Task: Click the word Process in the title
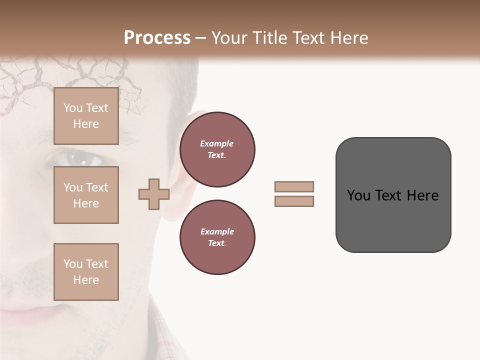pyautogui.click(x=157, y=38)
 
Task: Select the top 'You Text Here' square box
pyautogui.click(x=86, y=116)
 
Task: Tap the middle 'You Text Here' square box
pyautogui.click(x=86, y=195)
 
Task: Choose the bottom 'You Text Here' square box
pyautogui.click(x=86, y=272)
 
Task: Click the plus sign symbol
pyautogui.click(x=154, y=194)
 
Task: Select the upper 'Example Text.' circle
pyautogui.click(x=217, y=149)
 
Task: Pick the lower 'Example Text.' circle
pyautogui.click(x=217, y=237)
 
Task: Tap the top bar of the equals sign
pyautogui.click(x=294, y=186)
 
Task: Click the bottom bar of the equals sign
pyautogui.click(x=294, y=201)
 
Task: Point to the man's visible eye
pyautogui.click(x=80, y=159)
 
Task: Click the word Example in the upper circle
pyautogui.click(x=216, y=143)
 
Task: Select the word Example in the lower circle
pyautogui.click(x=216, y=231)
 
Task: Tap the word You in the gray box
pyautogui.click(x=359, y=195)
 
